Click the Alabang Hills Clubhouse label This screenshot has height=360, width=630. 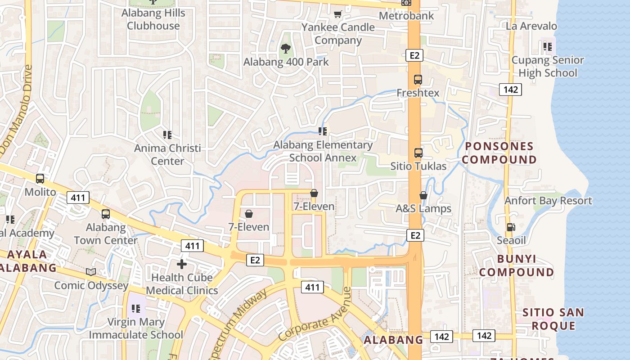click(x=153, y=19)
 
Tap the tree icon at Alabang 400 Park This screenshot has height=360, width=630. click(x=285, y=48)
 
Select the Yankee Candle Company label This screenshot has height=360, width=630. click(x=338, y=34)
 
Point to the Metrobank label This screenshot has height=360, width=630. click(x=406, y=16)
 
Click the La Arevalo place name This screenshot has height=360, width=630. click(x=531, y=26)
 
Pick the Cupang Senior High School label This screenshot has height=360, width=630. click(x=548, y=67)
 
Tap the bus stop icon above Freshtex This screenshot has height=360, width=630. click(x=418, y=80)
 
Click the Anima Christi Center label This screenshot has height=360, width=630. click(x=167, y=154)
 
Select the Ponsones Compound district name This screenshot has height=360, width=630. click(x=499, y=153)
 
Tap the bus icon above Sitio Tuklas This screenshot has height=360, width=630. click(x=418, y=153)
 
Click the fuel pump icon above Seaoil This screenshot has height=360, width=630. click(x=511, y=227)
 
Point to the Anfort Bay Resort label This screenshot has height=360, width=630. click(x=548, y=201)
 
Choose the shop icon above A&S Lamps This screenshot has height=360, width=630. click(x=423, y=195)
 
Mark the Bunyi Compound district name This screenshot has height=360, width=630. click(x=516, y=265)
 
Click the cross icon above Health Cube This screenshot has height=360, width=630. click(x=182, y=264)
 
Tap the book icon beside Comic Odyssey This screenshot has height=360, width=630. click(x=91, y=272)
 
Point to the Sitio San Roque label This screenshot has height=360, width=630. click(x=553, y=319)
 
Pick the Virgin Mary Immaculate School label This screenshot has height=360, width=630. click(x=136, y=328)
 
